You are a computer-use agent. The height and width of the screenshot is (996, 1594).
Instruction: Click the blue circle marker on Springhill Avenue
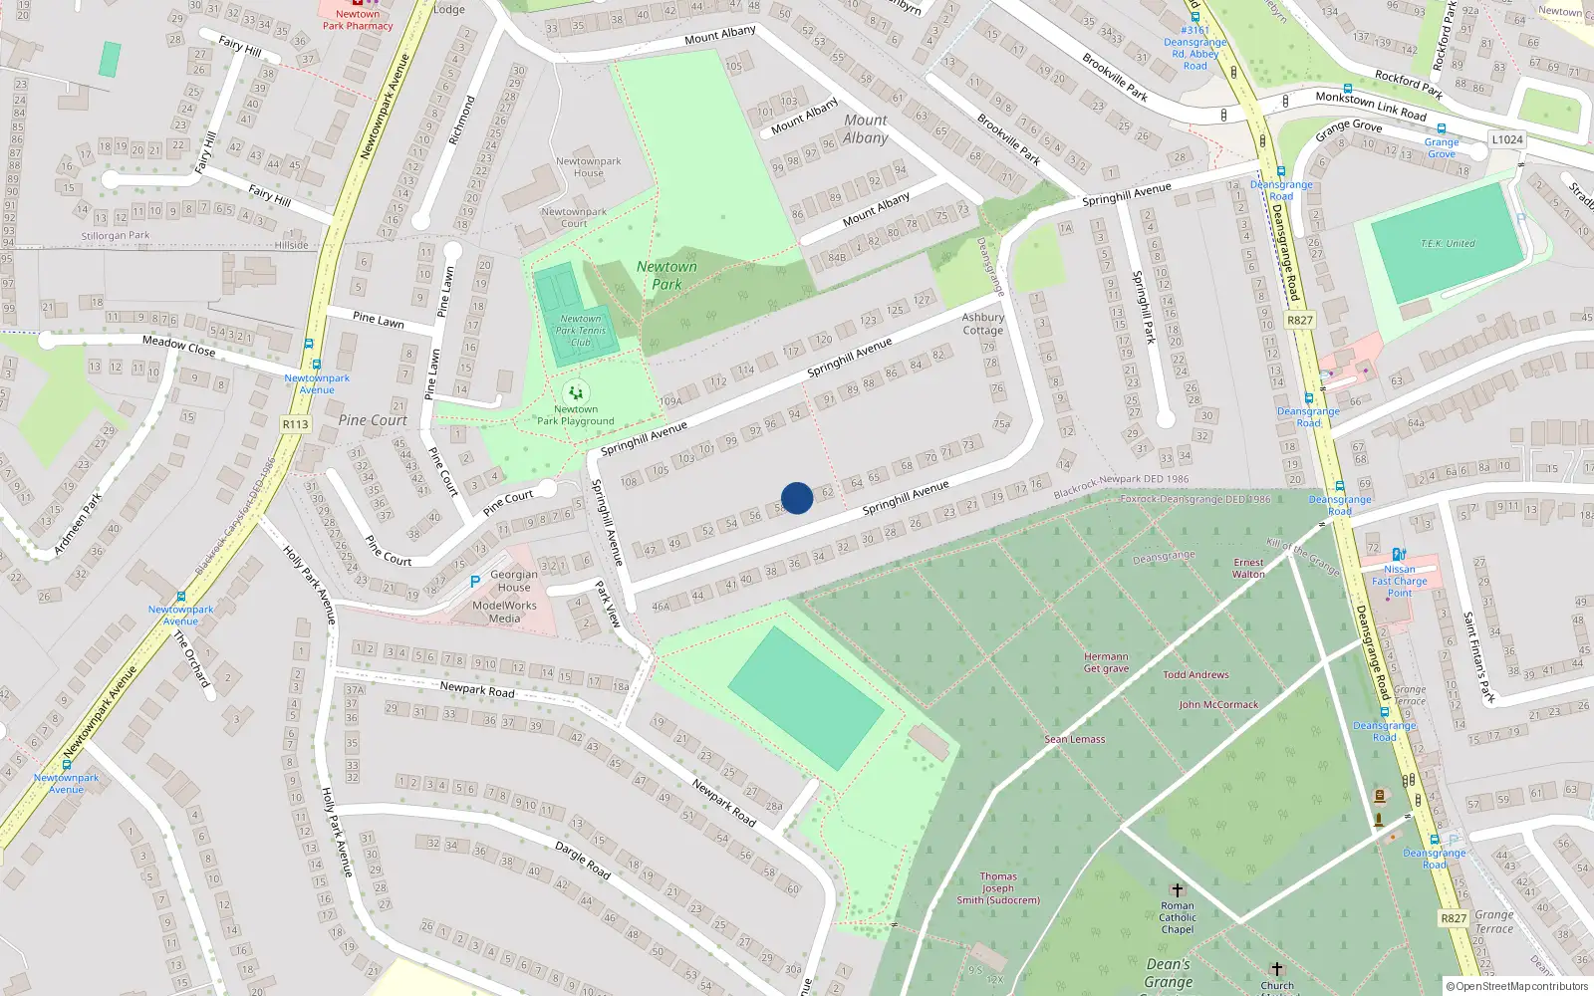[x=797, y=498]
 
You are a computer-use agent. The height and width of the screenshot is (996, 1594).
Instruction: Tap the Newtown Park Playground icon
[x=576, y=393]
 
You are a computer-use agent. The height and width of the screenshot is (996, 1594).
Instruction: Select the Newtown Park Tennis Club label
[x=581, y=331]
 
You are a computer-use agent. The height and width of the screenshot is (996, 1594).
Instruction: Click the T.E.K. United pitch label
[x=1448, y=244]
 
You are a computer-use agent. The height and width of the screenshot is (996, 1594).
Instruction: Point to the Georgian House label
[x=514, y=581]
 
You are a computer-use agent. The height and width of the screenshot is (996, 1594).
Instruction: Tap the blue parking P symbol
[x=475, y=582]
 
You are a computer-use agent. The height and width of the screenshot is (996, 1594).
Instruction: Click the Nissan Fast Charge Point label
[x=1400, y=581]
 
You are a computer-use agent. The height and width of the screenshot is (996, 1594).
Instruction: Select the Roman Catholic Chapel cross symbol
[x=1177, y=890]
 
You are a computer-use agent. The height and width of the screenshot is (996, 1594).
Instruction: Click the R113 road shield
[x=296, y=424]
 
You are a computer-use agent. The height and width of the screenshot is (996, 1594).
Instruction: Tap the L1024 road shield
[x=1507, y=139]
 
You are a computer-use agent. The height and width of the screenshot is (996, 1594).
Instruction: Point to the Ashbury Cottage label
[x=983, y=324]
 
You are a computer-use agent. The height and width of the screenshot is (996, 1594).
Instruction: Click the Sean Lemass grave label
[x=1075, y=739]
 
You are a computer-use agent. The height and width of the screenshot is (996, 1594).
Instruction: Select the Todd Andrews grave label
[x=1196, y=675]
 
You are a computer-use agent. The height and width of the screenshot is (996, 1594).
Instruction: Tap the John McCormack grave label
[x=1218, y=705]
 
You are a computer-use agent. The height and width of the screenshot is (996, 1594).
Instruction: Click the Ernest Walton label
[x=1248, y=568]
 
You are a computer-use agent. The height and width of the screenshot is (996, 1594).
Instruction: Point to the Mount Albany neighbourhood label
[x=865, y=129]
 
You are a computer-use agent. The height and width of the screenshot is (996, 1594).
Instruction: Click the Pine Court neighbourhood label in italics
[x=373, y=420]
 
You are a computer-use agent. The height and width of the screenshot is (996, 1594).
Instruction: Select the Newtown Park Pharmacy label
[x=358, y=20]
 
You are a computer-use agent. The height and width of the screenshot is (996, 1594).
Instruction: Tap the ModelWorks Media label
[x=504, y=612]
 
